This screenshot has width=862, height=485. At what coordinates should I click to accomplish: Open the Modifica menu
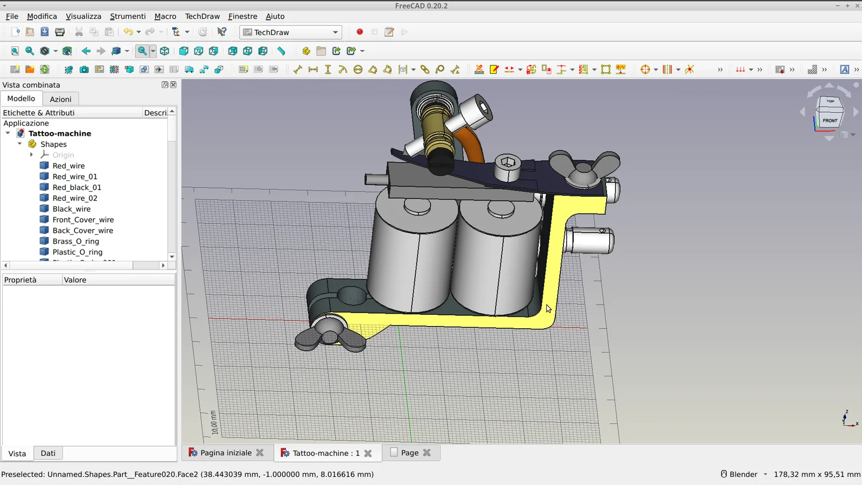coord(41,16)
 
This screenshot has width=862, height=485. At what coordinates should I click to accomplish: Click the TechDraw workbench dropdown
coord(291,32)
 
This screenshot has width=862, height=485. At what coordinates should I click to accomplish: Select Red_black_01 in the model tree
coord(77,188)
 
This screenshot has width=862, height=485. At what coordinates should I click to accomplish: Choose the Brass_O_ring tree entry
coord(75,241)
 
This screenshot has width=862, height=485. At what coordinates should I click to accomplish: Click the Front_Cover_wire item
coord(83,220)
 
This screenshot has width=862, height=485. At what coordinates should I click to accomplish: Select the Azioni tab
coord(60,99)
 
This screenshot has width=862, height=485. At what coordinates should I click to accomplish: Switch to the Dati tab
coord(48,453)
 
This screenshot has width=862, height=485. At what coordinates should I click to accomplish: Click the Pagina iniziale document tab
coord(226,453)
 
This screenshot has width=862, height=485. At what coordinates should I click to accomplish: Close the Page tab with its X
coord(427,453)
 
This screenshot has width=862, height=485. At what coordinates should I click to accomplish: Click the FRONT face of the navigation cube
coord(830,121)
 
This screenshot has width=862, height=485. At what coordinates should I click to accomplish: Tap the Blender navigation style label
coord(743,474)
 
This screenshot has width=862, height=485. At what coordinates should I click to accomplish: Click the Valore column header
coord(75,280)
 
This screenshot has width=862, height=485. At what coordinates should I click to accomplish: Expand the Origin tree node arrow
coord(31,155)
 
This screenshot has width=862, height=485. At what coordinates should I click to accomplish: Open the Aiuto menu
coord(275,16)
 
